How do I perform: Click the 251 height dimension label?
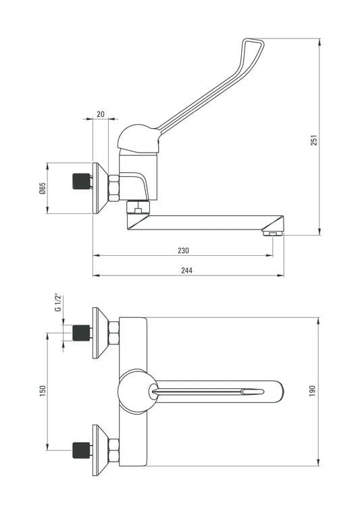[x=314, y=140]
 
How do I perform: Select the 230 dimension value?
[x=183, y=250]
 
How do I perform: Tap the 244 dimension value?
[x=187, y=270]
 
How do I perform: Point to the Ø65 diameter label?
[x=43, y=188]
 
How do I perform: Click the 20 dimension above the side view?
[x=101, y=114]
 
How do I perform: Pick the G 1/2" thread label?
[x=58, y=302]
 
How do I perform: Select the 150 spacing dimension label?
[x=43, y=391]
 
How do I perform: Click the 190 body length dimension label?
[x=313, y=392]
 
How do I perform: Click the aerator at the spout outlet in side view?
[x=272, y=234]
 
